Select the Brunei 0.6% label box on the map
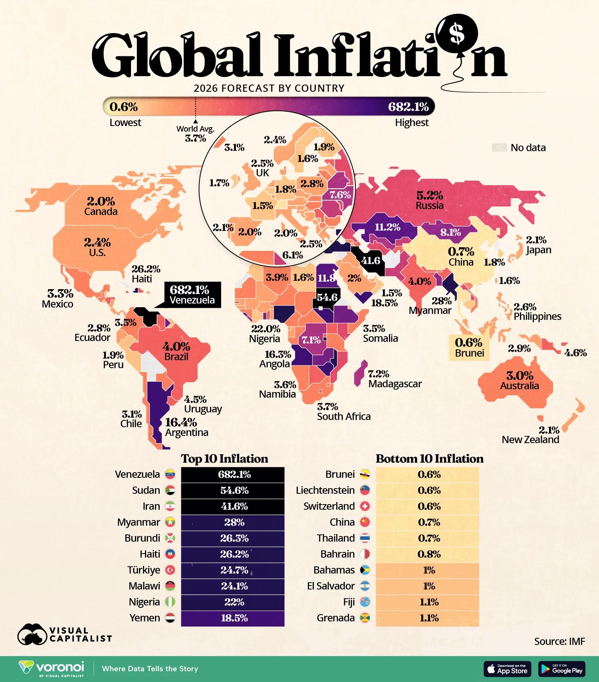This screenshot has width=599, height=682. [x=469, y=347]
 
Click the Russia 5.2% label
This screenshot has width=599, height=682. [x=429, y=200]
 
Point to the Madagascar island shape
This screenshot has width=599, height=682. [x=361, y=373]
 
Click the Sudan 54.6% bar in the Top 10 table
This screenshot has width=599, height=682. [x=233, y=490]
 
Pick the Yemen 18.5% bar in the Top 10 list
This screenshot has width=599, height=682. [x=233, y=618]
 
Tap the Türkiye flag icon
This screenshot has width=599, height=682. [x=171, y=570]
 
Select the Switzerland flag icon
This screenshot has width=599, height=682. [x=365, y=506]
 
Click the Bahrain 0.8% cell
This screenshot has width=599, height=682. [x=428, y=554]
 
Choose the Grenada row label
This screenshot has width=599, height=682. [x=335, y=618]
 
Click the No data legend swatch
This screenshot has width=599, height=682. [x=499, y=148]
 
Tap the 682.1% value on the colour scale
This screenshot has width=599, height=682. [x=408, y=107]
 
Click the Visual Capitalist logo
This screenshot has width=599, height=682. [x=64, y=634]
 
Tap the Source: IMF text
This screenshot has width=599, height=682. [x=559, y=641]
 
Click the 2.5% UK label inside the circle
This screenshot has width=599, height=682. [x=262, y=168]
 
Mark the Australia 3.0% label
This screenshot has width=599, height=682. [x=520, y=380]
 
